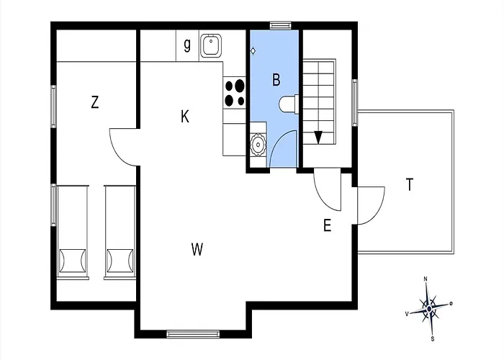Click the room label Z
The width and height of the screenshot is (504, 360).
(x=94, y=102)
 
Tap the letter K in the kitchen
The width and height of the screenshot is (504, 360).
(x=185, y=117)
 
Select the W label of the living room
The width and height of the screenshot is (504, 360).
(x=197, y=249)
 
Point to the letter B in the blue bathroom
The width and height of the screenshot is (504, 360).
(x=276, y=80)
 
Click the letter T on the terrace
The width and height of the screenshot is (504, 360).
(x=410, y=185)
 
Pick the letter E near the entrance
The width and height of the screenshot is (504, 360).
(x=327, y=225)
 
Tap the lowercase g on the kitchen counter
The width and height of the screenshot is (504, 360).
(x=187, y=45)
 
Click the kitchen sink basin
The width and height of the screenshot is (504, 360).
(x=211, y=45)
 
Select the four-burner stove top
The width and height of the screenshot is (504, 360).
(x=235, y=93)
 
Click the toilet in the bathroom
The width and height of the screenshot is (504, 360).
(x=288, y=104)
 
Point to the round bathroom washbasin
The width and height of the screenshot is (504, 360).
(x=258, y=145)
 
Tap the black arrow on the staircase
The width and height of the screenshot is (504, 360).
(x=318, y=138)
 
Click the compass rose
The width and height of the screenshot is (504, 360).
(x=429, y=309)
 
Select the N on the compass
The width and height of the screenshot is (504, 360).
(x=426, y=279)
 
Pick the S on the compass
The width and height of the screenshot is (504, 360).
(x=433, y=339)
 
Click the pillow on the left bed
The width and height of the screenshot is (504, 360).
(x=73, y=261)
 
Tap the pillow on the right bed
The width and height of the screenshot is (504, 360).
(x=120, y=261)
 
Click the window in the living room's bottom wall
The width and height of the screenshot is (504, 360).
(x=193, y=334)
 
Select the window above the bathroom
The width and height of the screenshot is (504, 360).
(x=281, y=25)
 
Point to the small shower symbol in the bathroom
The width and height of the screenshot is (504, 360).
(x=253, y=51)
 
